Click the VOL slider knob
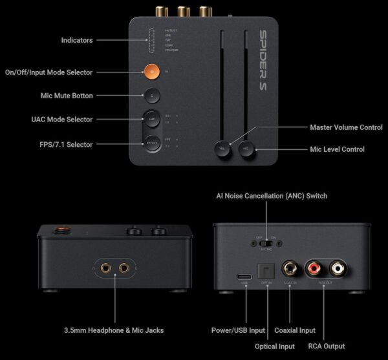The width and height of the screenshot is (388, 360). pos(223,148)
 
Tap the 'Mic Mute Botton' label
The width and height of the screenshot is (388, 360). pos(67,96)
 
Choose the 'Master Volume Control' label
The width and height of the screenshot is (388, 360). pos(346,127)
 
